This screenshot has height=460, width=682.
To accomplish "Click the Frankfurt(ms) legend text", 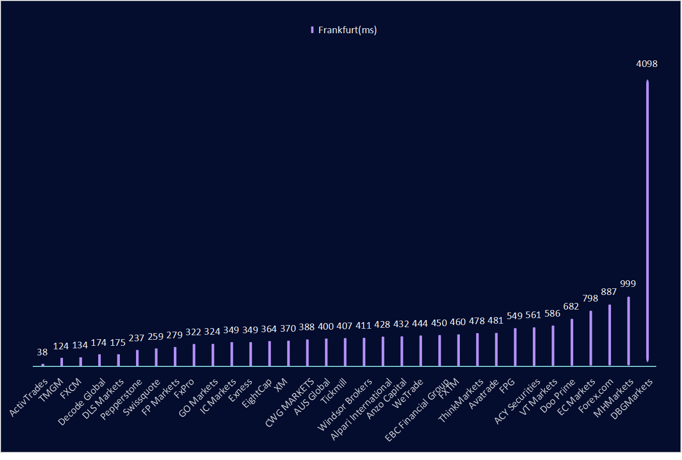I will point(348,30).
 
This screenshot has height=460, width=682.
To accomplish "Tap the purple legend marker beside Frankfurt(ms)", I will point(312,30).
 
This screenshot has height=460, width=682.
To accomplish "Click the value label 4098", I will point(647,64).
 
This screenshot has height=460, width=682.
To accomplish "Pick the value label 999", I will point(628,284).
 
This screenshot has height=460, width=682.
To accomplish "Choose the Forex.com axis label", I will point(596,396).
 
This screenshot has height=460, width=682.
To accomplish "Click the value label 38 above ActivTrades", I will point(42,353).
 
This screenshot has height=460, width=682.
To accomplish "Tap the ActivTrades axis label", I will point(29,398).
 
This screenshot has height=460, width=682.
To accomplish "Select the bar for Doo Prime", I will point(572,342).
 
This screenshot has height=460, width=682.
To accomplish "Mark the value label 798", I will point(590,298).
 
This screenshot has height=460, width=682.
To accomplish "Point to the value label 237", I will point(137,338).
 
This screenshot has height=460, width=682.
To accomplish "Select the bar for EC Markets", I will point(591,338).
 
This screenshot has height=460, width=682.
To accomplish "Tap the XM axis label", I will point(281,383).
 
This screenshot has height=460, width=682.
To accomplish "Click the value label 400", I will point(326,327).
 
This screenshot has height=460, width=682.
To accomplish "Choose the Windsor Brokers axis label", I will point(345,405).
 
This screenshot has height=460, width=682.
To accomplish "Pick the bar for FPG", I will point(515,347).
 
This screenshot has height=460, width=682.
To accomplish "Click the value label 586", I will point(553,314).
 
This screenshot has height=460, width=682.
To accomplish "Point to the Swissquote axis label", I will point(142,397).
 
